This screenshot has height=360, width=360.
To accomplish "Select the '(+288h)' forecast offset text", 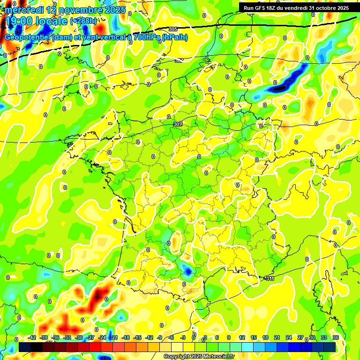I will [x=83, y=21].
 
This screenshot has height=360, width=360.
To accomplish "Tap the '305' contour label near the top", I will [x=173, y=30].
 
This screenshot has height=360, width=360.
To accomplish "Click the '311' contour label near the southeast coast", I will [x=270, y=278].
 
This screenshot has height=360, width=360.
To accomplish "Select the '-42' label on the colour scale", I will [x=32, y=337].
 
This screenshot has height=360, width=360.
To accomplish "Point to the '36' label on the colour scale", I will [x=336, y=337].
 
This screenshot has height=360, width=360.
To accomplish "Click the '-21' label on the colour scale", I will [x=114, y=337].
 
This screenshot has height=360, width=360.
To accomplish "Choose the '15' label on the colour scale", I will [x=254, y=337].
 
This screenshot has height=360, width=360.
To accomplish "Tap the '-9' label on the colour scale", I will [x=160, y=337].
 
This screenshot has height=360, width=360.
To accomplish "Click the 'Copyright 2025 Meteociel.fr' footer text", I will [x=199, y=356].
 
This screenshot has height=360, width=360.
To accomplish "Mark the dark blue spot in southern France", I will [x=187, y=270].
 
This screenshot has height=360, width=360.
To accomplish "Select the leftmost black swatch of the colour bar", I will [x=25, y=347].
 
